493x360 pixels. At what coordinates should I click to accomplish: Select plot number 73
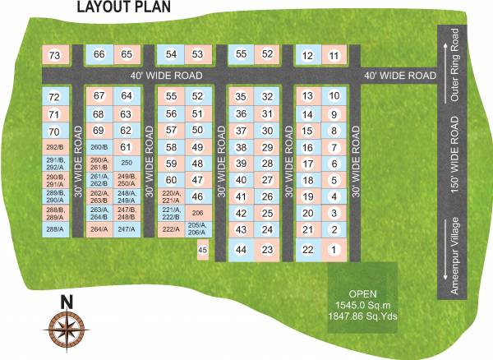[x=55, y=55]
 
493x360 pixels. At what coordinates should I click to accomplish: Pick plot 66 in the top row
[x=99, y=54]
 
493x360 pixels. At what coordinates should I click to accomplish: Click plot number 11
[x=334, y=55]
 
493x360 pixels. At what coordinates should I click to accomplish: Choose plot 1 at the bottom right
[x=334, y=249]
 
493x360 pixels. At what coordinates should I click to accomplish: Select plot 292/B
[x=55, y=147]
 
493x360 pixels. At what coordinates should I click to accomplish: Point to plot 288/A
[x=55, y=229]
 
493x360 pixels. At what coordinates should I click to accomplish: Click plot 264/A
[x=99, y=229]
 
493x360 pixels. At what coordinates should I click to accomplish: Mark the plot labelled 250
[x=126, y=162]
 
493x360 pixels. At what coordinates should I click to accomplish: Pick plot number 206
[x=196, y=211]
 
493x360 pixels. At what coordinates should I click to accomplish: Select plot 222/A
[x=171, y=229]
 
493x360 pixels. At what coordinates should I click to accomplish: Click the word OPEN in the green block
[x=362, y=293]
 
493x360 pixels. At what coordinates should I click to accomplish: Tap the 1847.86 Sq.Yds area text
[x=362, y=315]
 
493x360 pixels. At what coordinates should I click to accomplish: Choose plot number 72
[x=55, y=97]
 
